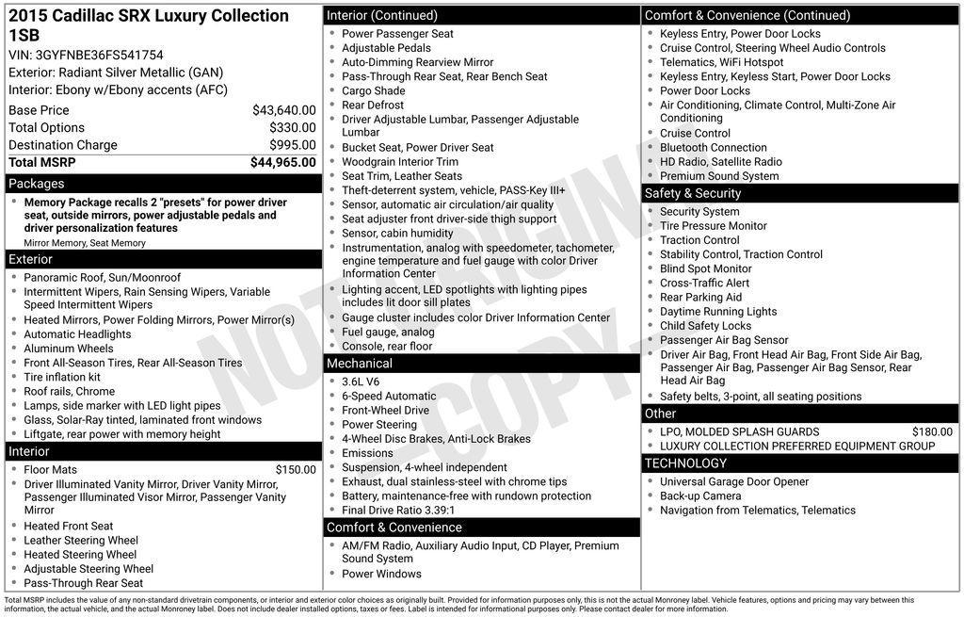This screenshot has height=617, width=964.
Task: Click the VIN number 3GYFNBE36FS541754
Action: point(99,56)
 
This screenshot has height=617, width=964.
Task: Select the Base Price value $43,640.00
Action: point(283,110)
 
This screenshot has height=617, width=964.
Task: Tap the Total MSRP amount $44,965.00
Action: point(282,163)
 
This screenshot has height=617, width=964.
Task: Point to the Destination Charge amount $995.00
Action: point(292,145)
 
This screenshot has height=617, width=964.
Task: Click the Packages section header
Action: point(37,184)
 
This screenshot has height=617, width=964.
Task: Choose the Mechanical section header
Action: point(359,364)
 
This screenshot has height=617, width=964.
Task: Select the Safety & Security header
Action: point(693,193)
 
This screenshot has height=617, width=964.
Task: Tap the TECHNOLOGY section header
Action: point(685,463)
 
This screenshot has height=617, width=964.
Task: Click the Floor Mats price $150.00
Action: point(296,470)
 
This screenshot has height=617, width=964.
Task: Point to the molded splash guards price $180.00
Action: point(932,432)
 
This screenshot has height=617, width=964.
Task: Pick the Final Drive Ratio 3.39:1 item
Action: point(397,511)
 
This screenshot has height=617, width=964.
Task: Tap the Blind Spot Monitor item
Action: point(705,269)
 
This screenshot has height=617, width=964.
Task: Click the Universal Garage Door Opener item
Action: point(733,482)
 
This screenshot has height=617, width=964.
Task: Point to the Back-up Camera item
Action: point(699,496)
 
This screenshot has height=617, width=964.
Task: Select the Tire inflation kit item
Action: point(62,378)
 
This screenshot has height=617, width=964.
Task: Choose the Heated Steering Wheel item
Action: point(80,555)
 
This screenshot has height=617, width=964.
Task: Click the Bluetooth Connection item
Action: point(713,148)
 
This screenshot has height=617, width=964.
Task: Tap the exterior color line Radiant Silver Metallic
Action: point(116,73)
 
